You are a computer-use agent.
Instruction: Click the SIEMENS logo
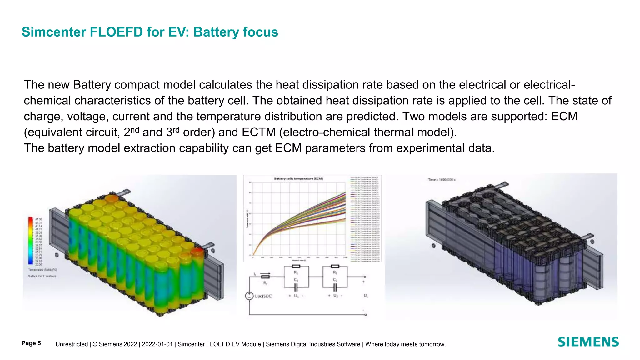[x=588, y=342]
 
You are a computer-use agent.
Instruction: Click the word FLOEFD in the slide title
[x=116, y=32]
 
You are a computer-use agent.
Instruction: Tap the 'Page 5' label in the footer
[x=31, y=343]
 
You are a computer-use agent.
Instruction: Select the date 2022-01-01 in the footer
[x=157, y=344]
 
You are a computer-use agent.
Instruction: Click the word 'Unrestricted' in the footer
[x=72, y=344]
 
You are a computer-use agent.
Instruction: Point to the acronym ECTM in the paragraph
[x=259, y=132]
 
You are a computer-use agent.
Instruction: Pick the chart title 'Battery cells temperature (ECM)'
[x=298, y=178]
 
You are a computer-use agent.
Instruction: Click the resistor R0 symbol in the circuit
[x=265, y=277]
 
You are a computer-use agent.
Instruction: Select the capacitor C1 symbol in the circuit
[x=296, y=287]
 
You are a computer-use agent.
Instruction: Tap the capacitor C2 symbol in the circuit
[x=335, y=287]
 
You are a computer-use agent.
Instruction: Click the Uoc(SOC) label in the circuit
[x=263, y=296]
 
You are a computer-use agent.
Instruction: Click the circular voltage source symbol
[x=249, y=296]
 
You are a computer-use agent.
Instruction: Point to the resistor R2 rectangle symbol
[x=335, y=266]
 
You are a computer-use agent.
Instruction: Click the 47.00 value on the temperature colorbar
[x=38, y=219]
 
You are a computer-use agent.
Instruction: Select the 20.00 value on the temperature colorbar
[x=38, y=265]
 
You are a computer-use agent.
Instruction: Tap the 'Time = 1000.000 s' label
[x=442, y=180]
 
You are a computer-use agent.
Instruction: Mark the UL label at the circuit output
[x=365, y=296]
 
